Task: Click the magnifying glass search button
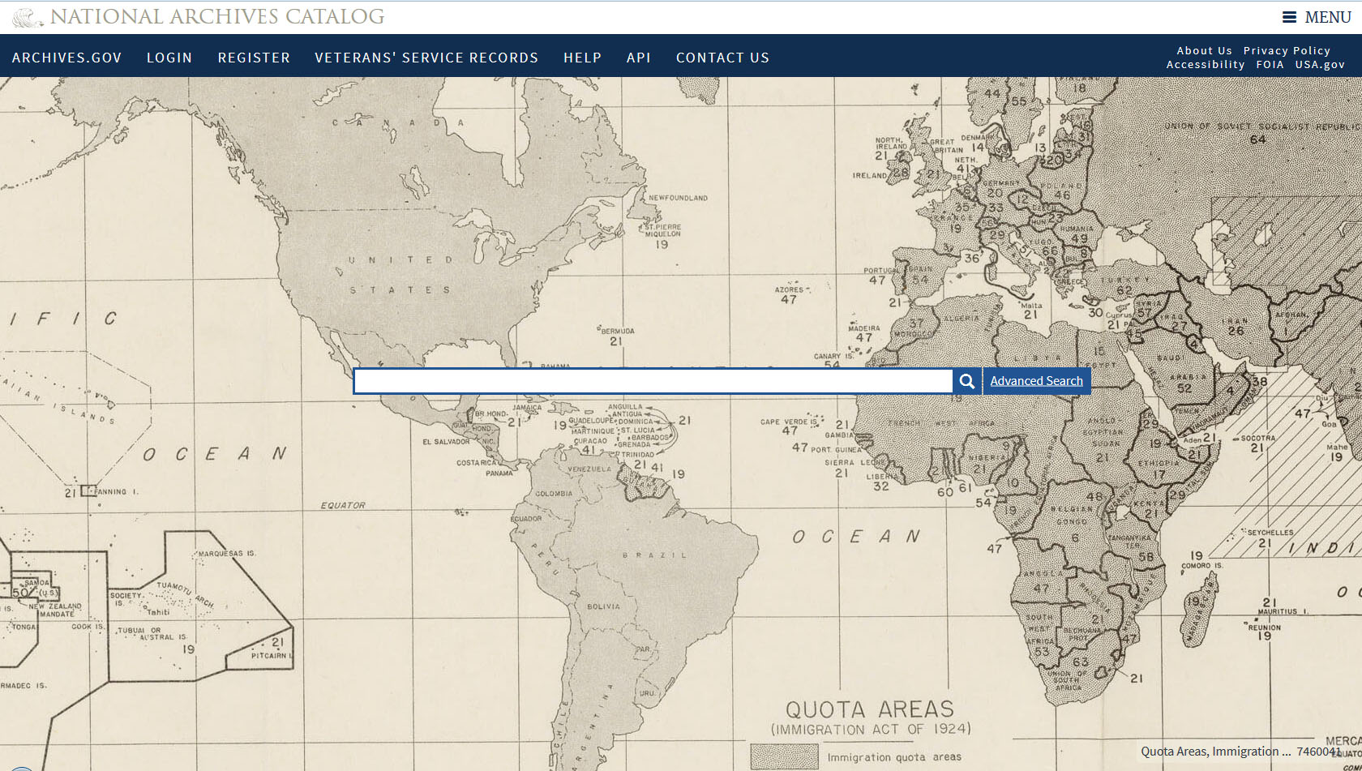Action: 967,382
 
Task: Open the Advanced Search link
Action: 1036,381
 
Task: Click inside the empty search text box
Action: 653,382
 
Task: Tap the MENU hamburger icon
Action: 1289,17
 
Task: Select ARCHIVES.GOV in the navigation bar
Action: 66,58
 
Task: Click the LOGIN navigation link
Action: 169,58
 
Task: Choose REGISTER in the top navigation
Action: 254,58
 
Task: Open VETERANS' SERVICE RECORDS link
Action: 426,58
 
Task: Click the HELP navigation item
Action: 582,58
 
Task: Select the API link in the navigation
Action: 639,58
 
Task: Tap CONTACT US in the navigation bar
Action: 722,58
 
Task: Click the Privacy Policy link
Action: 1287,50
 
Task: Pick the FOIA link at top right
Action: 1270,64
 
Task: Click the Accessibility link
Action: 1206,64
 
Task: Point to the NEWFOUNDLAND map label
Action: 678,198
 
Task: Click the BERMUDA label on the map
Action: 618,331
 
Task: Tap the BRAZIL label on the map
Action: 654,555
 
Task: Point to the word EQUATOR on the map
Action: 343,505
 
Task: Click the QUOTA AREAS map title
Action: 870,709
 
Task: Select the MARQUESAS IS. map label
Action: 227,553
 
